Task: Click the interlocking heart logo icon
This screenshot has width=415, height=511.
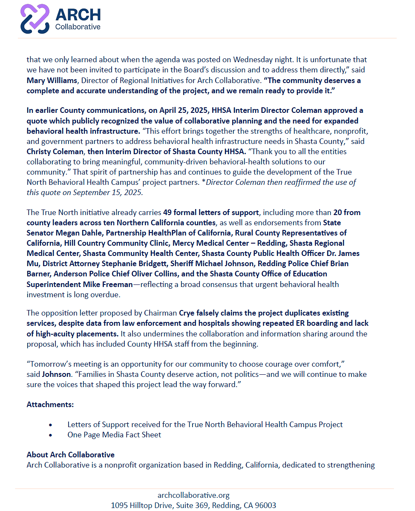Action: click(x=35, y=19)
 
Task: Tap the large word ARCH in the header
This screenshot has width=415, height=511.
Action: click(x=78, y=15)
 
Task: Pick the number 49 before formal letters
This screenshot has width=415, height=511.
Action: click(x=167, y=212)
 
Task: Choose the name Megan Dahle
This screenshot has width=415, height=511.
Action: click(x=77, y=233)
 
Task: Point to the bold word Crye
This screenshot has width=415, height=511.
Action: click(x=187, y=313)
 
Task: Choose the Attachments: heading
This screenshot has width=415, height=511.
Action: click(x=50, y=404)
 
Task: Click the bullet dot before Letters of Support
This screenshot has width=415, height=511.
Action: click(x=51, y=425)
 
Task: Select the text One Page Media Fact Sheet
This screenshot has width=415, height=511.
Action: click(x=114, y=435)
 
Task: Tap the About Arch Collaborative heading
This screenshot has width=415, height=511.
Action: click(x=70, y=455)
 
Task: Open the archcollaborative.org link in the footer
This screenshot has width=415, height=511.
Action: click(x=193, y=495)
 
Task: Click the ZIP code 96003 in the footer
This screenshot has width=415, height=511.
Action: click(x=265, y=505)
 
